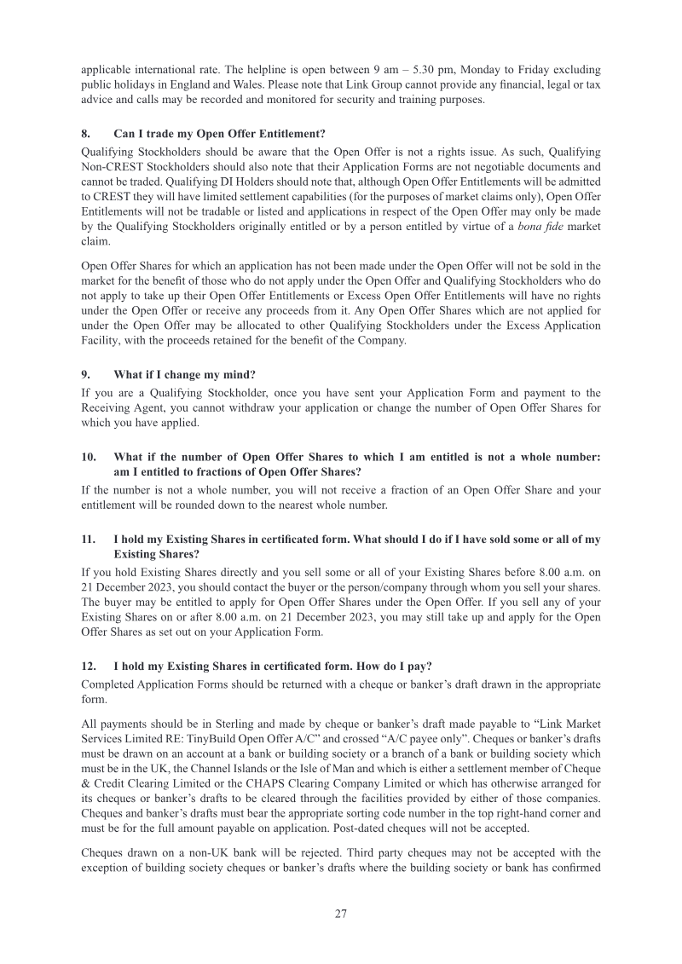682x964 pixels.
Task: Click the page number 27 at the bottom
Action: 340,914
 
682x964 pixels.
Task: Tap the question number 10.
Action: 88,457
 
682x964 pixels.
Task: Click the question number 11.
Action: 88,540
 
